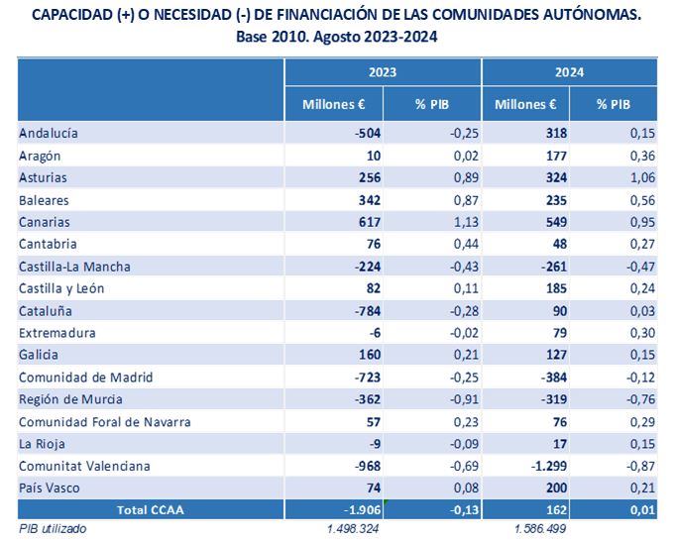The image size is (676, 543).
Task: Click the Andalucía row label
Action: (x=49, y=133)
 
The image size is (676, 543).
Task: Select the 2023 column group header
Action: (x=383, y=72)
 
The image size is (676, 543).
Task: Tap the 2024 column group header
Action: (x=569, y=72)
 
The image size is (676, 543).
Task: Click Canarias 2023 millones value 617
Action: (x=370, y=222)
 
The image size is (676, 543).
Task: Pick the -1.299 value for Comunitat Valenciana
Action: (x=549, y=466)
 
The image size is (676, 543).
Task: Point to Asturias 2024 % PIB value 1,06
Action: (x=642, y=177)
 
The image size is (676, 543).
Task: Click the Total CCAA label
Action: (x=151, y=510)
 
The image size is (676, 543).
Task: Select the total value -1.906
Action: (x=363, y=510)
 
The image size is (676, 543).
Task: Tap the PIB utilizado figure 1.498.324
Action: (x=353, y=529)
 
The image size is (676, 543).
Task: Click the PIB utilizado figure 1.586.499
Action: (x=540, y=529)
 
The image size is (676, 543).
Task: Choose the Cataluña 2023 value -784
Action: (x=368, y=311)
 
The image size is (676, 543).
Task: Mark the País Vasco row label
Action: (x=50, y=488)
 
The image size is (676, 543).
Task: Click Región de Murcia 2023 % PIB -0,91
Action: (x=464, y=399)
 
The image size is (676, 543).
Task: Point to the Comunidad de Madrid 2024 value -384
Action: (x=554, y=378)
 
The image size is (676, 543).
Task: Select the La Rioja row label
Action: (x=42, y=444)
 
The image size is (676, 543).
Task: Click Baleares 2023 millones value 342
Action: (x=370, y=200)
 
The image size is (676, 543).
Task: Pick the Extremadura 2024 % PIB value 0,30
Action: (x=642, y=333)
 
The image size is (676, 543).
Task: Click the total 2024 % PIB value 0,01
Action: (x=642, y=510)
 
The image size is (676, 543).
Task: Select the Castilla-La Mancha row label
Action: (x=74, y=267)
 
